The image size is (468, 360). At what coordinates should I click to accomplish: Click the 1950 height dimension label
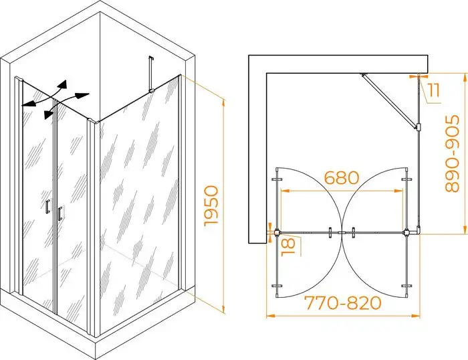pos(212,206)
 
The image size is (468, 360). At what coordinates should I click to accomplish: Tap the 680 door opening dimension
pos(341,178)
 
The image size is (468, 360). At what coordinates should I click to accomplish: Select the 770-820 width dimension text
pos(342,303)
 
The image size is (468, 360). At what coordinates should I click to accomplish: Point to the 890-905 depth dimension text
pos(452,153)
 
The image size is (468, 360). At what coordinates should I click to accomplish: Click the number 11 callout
pos(433,90)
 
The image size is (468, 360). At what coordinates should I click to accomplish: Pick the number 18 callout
pos(289,246)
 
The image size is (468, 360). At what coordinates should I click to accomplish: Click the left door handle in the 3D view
pos(47,207)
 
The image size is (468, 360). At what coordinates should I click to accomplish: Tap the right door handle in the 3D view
pos(60,213)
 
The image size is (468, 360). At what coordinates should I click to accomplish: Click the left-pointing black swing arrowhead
pos(28,104)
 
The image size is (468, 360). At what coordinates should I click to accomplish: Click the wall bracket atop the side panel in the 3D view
pos(150,75)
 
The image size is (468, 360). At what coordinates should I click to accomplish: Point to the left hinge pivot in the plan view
pos(276,232)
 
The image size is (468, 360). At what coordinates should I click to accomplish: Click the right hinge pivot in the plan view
pos(406,232)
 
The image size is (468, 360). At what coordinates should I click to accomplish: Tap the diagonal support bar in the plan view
pos(389,101)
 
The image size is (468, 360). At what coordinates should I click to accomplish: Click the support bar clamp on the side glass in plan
pos(418,127)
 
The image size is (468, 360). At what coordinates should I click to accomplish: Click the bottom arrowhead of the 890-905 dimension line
pos(465,229)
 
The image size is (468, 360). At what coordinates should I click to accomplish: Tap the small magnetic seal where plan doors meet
pos(342,232)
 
